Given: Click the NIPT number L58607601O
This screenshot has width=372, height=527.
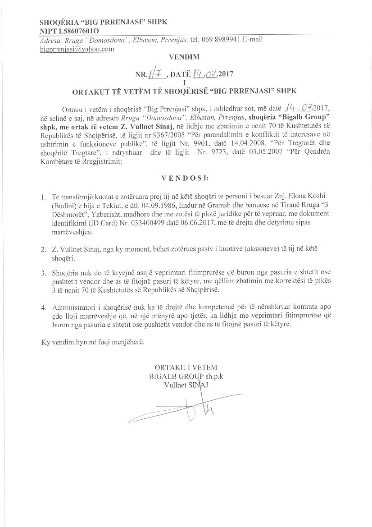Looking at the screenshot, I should pyautogui.click(x=79, y=30).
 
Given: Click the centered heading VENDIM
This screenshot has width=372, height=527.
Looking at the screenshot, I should pyautogui.click(x=183, y=58).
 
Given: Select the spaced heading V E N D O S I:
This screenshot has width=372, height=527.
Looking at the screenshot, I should pyautogui.click(x=184, y=179).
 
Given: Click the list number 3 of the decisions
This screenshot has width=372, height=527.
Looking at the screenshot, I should pyautogui.click(x=43, y=274).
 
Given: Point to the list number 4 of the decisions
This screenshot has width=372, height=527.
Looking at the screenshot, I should pyautogui.click(x=43, y=307).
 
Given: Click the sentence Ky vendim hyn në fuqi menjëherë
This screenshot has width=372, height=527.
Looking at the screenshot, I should pyautogui.click(x=93, y=343).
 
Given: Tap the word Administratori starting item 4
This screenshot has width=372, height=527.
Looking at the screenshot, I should pyautogui.click(x=75, y=307).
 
